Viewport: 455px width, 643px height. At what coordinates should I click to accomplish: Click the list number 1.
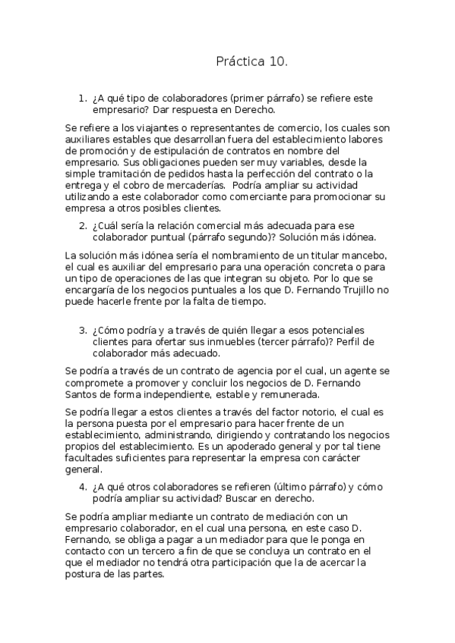coord(83,99)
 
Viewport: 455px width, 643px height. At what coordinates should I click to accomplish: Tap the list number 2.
coord(83,226)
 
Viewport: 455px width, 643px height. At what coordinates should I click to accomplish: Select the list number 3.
coord(83,331)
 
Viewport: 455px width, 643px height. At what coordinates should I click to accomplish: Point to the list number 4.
coord(83,487)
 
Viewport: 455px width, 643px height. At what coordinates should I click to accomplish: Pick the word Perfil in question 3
coord(358,342)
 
